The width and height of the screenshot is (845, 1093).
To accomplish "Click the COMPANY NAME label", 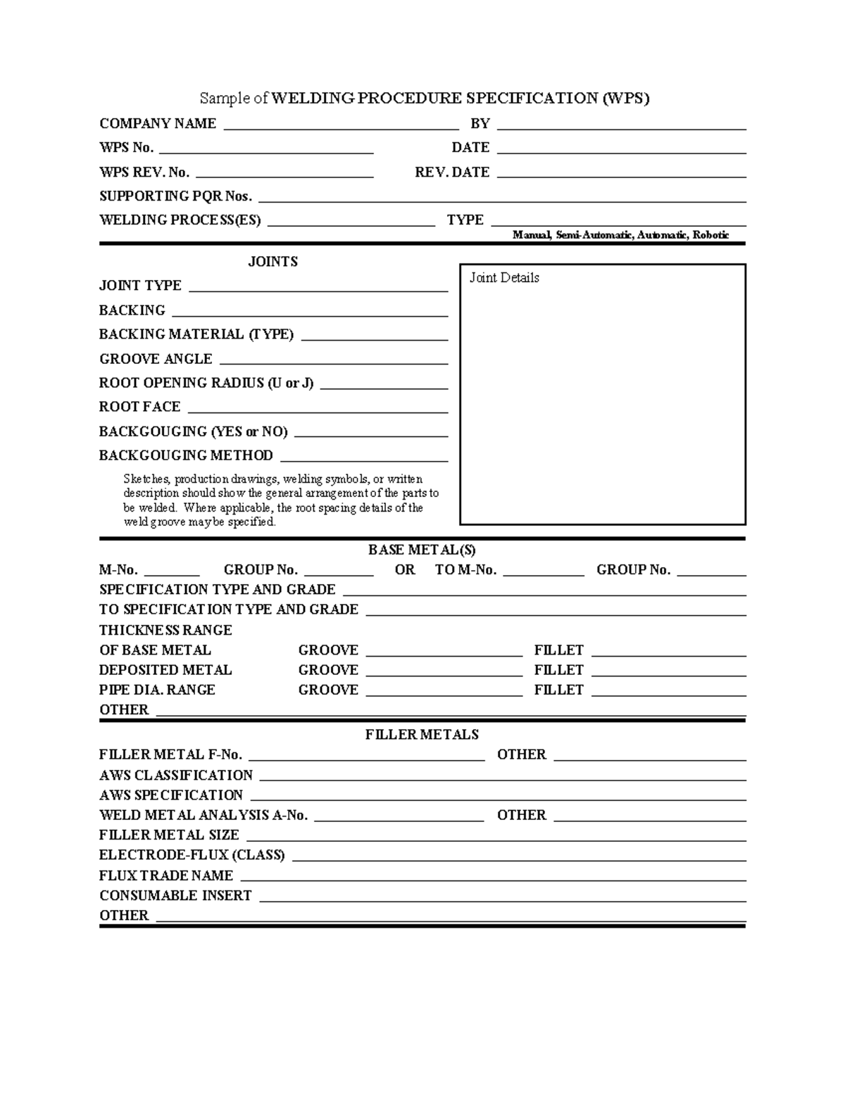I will click(x=158, y=124).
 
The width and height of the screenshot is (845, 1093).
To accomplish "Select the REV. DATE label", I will click(x=452, y=172).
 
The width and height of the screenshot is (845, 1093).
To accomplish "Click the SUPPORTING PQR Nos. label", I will click(x=175, y=196).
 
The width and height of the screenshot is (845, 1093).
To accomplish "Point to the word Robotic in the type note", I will click(x=711, y=235).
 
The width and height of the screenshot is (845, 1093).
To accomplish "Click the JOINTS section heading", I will click(x=273, y=262).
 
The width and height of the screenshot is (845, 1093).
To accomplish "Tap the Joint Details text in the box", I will click(x=504, y=278).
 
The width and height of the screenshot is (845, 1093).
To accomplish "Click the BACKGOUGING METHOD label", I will click(x=186, y=455).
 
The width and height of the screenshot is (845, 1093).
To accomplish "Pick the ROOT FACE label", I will click(x=140, y=407).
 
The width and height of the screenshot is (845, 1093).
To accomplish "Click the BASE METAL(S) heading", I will click(x=422, y=550).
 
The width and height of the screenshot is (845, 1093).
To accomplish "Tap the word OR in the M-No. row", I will click(x=405, y=570).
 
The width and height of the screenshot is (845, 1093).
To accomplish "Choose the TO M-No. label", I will click(x=465, y=570).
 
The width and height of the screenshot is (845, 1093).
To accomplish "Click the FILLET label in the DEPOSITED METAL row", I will click(x=558, y=670).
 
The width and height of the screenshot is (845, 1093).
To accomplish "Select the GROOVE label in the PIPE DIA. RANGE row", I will click(x=328, y=690).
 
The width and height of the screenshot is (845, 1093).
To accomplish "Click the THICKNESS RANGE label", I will click(x=165, y=630).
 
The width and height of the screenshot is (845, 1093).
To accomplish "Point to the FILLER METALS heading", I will click(x=422, y=735).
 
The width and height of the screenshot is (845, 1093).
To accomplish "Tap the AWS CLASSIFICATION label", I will click(x=176, y=776).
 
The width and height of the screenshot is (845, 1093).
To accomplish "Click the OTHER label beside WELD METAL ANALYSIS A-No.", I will click(x=521, y=815).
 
